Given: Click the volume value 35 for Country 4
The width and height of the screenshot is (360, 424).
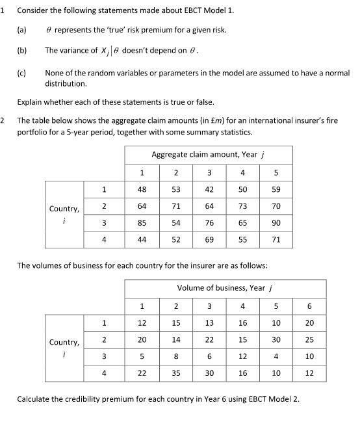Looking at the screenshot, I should [175, 373].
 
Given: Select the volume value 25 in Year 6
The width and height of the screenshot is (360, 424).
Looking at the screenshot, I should [309, 339].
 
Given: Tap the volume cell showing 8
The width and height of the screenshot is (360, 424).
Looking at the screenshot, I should [175, 356].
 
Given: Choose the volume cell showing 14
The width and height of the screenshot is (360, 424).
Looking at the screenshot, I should [175, 339].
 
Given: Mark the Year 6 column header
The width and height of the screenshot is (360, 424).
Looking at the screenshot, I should [309, 306].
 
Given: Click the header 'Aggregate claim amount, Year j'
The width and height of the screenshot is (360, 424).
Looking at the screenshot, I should [209, 155].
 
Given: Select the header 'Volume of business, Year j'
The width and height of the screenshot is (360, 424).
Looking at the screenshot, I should [225, 288].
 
